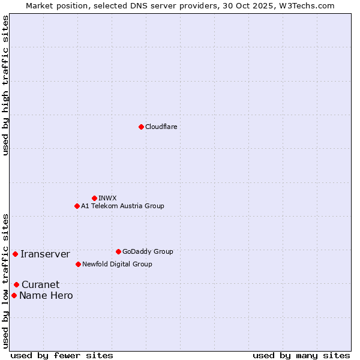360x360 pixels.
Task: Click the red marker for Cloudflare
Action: pos(141,127)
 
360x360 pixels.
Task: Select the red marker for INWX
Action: pos(94,198)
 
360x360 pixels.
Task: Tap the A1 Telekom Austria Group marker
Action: pos(77,206)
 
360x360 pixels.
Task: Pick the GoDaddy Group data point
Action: pos(118,251)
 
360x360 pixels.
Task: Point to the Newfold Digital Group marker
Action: pos(78,264)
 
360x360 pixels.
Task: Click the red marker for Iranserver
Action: pos(15,254)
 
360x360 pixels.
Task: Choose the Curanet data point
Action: pos(16,284)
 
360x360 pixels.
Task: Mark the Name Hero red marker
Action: pos(14,295)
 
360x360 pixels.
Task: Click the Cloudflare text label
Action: pos(161,127)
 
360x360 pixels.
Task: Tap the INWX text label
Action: pos(107,198)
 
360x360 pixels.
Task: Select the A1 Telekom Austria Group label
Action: pos(122,206)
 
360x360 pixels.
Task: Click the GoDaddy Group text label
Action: pos(148,251)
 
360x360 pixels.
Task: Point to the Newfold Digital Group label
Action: pos(117,264)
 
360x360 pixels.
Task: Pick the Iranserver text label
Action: pos(45,254)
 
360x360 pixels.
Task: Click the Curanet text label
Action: pos(40,285)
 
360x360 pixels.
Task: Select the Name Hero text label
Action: pos(46,296)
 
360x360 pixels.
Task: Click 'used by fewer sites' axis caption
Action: pos(62,355)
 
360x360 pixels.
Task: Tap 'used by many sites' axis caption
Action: pos(301,355)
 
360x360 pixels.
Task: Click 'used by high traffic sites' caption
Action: pos(5,85)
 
